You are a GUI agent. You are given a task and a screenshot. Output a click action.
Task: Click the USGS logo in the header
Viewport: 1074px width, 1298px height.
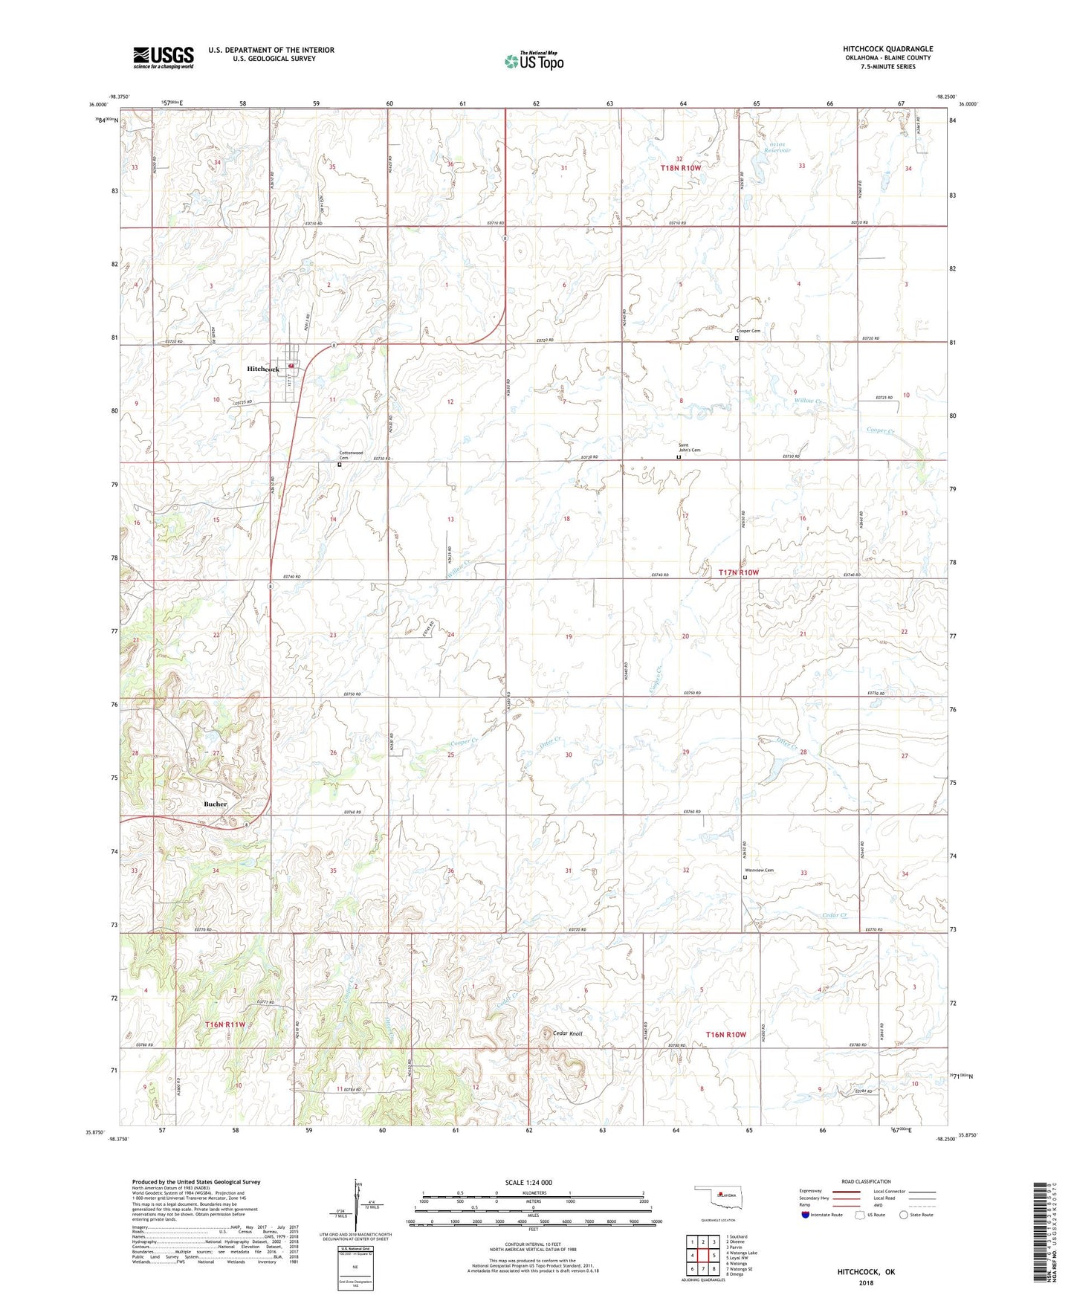163,57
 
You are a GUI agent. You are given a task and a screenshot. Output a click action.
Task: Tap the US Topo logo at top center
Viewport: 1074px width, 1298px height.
533,61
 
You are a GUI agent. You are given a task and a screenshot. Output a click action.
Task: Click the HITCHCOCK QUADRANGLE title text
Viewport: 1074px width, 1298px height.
887,49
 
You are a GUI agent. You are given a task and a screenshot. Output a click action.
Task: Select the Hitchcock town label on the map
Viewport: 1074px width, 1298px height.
263,369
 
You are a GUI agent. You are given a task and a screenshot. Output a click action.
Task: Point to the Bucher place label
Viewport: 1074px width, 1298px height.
216,804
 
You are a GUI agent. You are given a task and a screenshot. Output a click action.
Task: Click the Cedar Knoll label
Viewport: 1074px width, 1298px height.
569,1033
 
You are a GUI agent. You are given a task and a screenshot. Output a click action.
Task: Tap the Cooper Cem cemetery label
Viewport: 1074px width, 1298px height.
748,331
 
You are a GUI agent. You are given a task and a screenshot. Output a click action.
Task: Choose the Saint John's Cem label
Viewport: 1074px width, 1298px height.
689,448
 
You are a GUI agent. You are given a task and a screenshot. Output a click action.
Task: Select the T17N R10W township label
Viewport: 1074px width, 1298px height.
738,572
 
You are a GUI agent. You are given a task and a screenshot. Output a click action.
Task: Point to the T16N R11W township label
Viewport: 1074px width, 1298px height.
224,1024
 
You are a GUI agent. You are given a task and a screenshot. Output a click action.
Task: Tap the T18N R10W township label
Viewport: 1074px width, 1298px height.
681,168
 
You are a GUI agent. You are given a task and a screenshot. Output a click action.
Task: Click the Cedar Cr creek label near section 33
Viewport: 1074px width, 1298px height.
835,915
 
